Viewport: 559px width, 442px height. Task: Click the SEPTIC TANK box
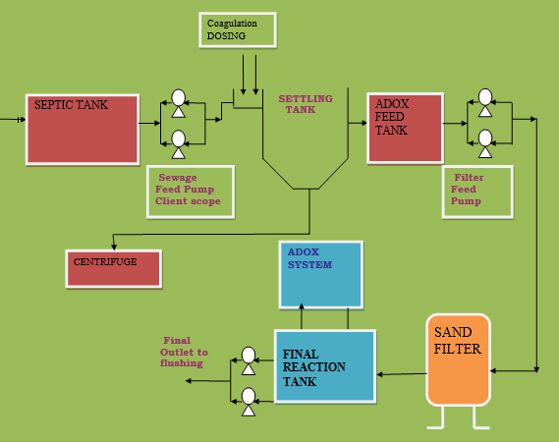click(x=83, y=130)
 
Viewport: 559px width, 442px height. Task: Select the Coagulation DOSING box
click(x=238, y=29)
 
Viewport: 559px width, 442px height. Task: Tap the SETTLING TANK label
click(x=306, y=104)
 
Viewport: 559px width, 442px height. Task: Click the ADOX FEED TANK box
click(x=406, y=129)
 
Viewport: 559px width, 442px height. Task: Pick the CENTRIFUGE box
click(x=114, y=269)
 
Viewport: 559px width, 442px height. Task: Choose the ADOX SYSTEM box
click(x=321, y=274)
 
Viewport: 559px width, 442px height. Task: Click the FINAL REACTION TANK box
click(x=325, y=366)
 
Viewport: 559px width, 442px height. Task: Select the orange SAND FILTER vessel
click(x=458, y=360)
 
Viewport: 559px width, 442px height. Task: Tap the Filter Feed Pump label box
click(x=477, y=192)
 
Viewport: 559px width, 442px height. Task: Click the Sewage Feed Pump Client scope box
click(x=191, y=192)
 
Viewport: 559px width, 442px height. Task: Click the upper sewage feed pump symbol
click(x=178, y=103)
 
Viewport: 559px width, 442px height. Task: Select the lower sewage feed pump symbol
click(x=178, y=144)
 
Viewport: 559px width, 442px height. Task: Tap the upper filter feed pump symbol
click(x=485, y=103)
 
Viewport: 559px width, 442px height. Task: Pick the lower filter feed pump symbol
click(x=485, y=143)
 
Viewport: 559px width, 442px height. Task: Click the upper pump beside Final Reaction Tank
click(x=249, y=360)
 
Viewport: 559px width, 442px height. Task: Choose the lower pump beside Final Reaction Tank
click(x=249, y=402)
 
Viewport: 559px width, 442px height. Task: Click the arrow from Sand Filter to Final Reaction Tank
click(x=402, y=374)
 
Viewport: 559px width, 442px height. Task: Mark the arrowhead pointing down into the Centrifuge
click(x=114, y=247)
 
